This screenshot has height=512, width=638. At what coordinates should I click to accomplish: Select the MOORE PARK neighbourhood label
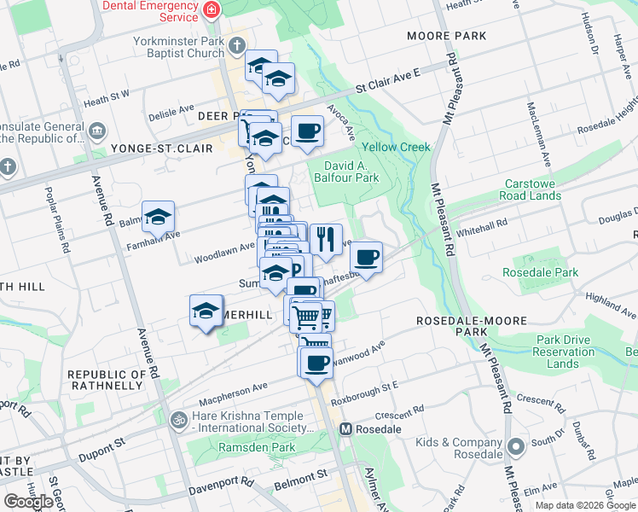click(x=446, y=36)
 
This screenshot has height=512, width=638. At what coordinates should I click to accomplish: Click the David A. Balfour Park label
click(x=351, y=172)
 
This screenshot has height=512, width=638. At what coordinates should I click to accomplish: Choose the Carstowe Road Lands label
click(x=532, y=189)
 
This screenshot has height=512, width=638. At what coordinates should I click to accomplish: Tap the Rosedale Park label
click(x=540, y=273)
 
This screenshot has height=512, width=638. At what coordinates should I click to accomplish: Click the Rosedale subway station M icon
click(x=346, y=428)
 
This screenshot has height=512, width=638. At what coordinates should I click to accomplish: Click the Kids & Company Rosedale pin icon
click(x=515, y=447)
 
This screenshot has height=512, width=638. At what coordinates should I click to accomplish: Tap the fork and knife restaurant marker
click(x=326, y=239)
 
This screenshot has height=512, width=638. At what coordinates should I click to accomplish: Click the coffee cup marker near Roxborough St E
click(x=316, y=362)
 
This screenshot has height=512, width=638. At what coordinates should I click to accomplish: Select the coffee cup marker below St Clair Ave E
click(x=307, y=131)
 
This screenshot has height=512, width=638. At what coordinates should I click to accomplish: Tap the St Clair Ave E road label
click(x=389, y=84)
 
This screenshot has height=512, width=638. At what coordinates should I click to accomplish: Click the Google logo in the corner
click(x=28, y=502)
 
